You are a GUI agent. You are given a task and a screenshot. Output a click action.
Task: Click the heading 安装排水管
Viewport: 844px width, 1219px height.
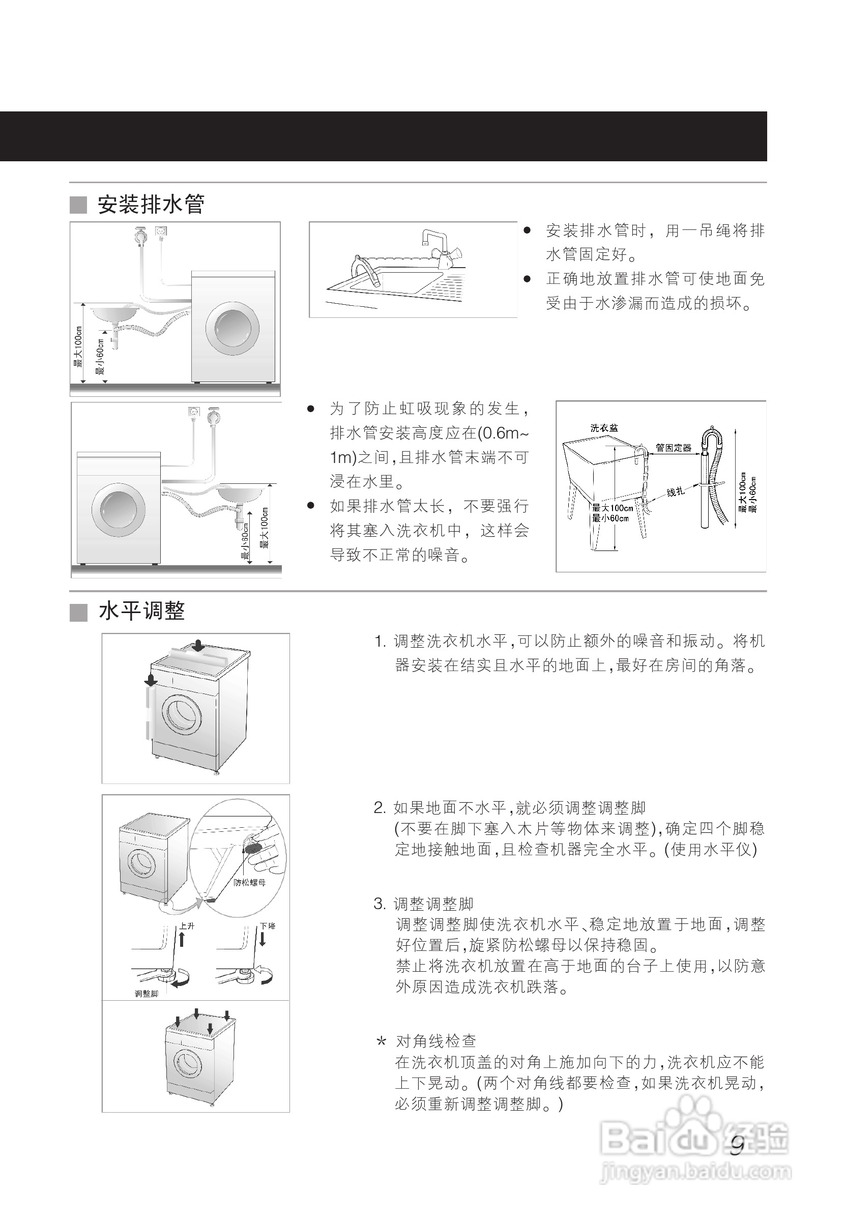pos(151,204)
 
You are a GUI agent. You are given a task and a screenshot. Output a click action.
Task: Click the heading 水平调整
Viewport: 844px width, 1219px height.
pos(141,612)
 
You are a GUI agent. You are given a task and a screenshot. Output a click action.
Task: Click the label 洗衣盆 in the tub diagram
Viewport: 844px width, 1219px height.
pos(604,427)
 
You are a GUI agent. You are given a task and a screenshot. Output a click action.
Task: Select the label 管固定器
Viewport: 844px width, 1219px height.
pos(673,447)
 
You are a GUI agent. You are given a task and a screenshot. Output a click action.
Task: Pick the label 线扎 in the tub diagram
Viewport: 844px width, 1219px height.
pos(675,492)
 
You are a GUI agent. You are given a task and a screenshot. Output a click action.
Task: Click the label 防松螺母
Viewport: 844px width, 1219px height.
pos(250,882)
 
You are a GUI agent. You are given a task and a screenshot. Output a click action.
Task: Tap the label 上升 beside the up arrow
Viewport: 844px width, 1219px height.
pos(187,926)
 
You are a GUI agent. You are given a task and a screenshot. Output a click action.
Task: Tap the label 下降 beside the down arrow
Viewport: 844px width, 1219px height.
pos(268,926)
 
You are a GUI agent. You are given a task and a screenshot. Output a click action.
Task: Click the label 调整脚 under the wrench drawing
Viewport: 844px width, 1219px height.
pos(147,993)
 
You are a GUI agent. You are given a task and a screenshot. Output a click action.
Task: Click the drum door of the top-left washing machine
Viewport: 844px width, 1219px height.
pos(232,329)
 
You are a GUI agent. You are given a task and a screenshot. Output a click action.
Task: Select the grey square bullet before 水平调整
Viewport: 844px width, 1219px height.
pos(78,613)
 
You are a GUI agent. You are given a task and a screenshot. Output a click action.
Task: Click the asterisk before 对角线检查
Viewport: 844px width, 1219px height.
pos(381,1042)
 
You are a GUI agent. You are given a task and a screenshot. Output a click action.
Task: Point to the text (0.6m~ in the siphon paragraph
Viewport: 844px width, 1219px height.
pos(503,433)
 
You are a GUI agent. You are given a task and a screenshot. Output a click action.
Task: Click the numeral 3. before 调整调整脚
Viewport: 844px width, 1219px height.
pos(379,904)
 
